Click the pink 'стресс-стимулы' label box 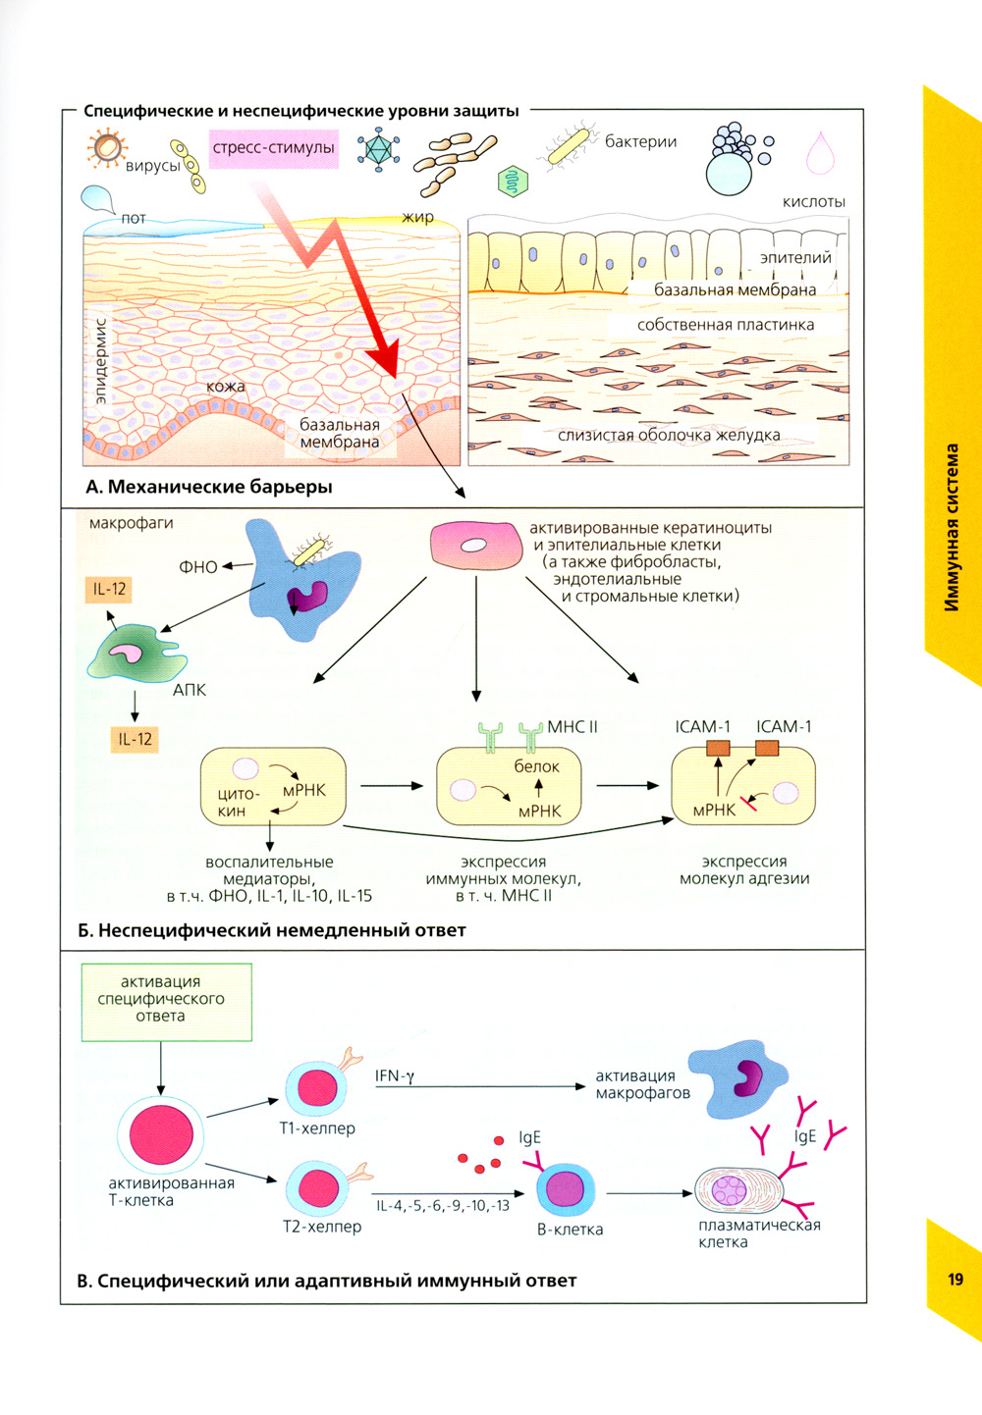click(273, 148)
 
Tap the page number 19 click(955, 1279)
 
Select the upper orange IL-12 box click(109, 589)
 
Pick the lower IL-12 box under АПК click(135, 739)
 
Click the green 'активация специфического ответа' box click(166, 1000)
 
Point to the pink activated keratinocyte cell click(475, 546)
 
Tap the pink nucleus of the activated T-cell click(161, 1133)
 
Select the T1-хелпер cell click(317, 1088)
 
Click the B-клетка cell click(566, 1189)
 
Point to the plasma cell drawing click(738, 1190)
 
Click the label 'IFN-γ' click(395, 1075)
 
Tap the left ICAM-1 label click(702, 726)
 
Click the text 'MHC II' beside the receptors click(572, 726)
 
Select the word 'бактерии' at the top click(640, 141)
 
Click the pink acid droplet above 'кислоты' click(820, 153)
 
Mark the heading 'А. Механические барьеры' click(209, 487)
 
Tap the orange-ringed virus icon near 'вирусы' click(106, 149)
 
